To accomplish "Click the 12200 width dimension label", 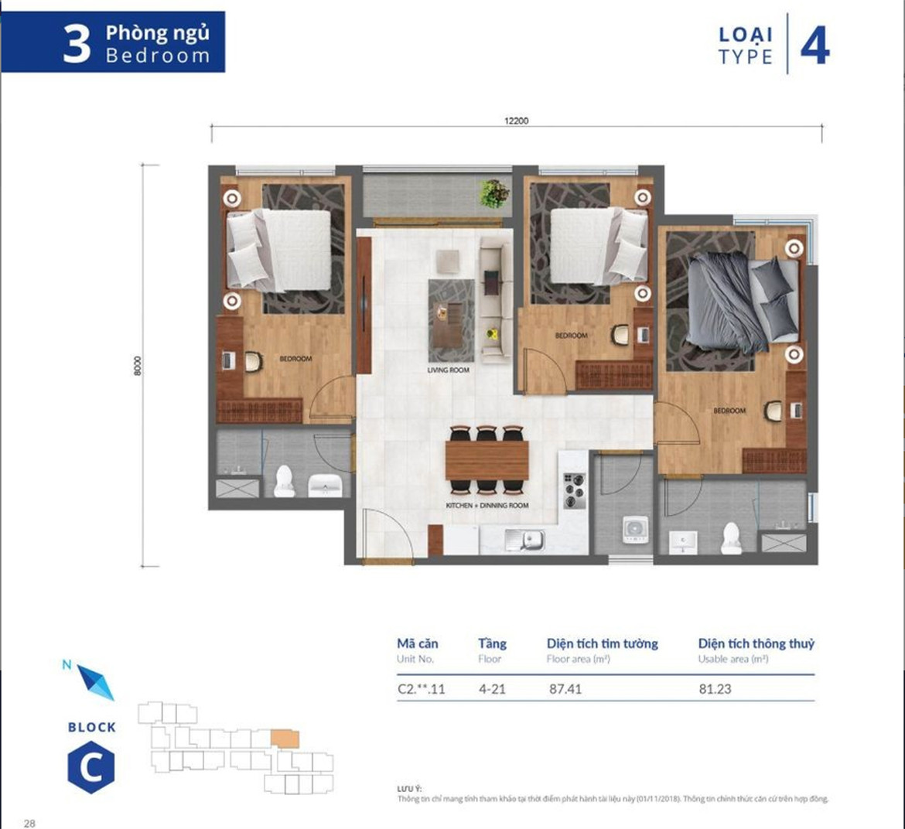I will tap(516, 121).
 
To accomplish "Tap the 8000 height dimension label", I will tap(138, 366).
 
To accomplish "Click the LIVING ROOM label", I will tap(448, 370).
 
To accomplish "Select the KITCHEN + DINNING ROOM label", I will tap(487, 506).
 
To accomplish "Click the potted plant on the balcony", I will tap(493, 193).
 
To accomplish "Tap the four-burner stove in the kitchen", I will tap(574, 490).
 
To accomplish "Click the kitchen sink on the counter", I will tap(524, 539).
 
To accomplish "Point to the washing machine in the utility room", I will tap(635, 530).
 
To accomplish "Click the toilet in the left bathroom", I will tap(285, 481).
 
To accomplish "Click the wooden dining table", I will tap(487, 460).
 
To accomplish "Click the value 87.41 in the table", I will tap(565, 689).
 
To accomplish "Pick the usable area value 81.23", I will tap(715, 689).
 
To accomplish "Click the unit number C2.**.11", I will tap(421, 689).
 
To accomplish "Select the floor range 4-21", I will tap(492, 689).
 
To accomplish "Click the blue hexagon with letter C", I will tap(91, 768).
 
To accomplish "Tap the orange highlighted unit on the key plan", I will tap(285, 739).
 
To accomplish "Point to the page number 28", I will tap(29, 823).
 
